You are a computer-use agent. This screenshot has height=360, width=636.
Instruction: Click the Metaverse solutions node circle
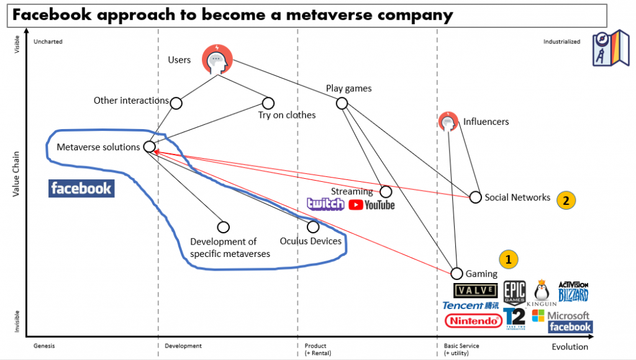tap(149, 146)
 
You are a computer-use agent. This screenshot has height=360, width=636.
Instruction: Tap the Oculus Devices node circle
tap(313, 227)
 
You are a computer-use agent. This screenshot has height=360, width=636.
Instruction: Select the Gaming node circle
tap(457, 273)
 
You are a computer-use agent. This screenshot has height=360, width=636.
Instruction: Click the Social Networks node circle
tap(475, 197)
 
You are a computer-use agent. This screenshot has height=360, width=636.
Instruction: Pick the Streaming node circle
tap(386, 192)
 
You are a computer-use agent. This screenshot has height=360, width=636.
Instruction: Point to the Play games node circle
tap(342, 102)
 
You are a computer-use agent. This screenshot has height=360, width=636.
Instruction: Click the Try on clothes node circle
tap(268, 102)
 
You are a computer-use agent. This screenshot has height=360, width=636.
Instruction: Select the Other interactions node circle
tap(176, 102)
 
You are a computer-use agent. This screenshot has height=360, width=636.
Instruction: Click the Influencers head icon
tap(448, 122)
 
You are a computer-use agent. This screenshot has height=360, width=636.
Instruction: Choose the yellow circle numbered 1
tap(508, 259)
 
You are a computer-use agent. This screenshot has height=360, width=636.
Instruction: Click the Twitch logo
tap(325, 204)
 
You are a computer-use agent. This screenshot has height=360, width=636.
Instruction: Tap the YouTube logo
tap(371, 204)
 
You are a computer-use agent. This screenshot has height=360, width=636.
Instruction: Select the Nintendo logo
tap(473, 321)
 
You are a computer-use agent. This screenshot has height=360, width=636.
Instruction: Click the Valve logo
tap(476, 290)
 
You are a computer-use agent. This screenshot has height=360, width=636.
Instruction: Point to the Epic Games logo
tap(514, 292)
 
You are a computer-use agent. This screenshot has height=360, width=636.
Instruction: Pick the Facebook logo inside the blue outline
tap(81, 188)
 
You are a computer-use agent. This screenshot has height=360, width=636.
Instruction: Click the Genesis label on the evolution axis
tap(45, 346)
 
